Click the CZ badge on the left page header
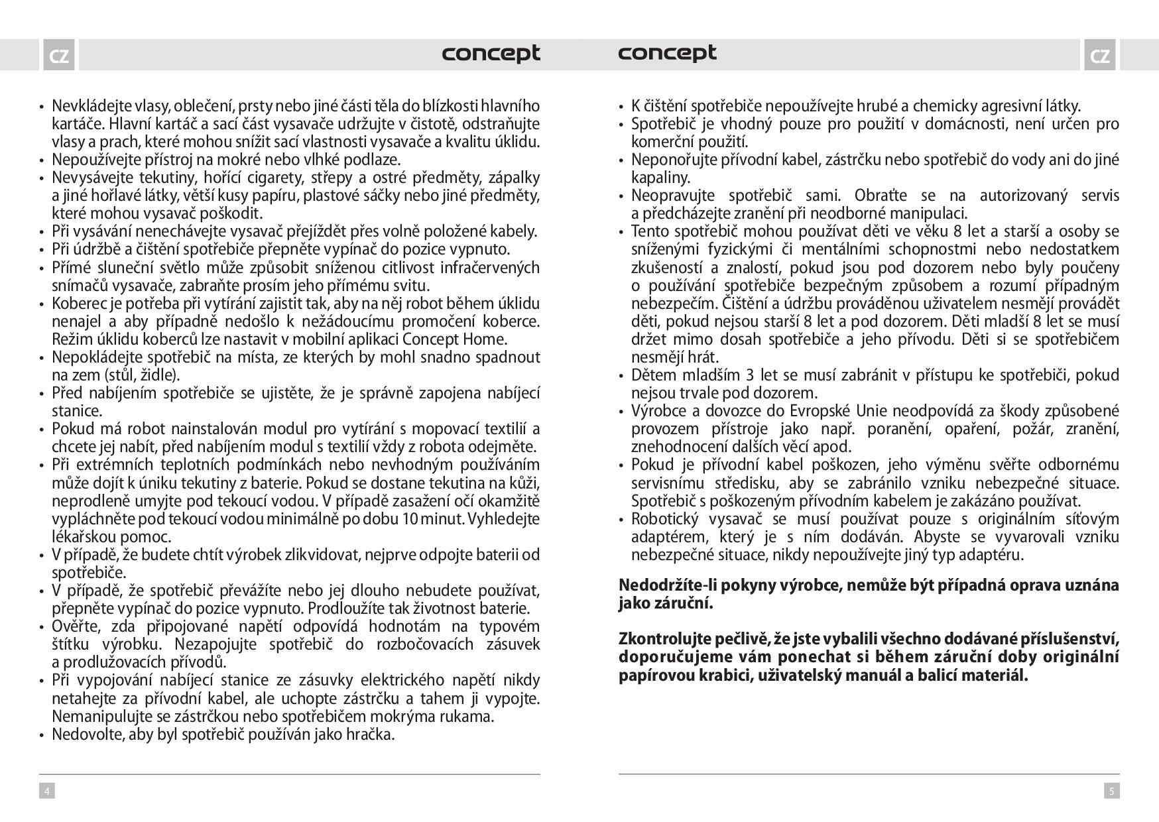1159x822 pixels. pos(58,56)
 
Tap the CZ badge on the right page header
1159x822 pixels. pos(1099,56)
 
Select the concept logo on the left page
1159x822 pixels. pos(491,53)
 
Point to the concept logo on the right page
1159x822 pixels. pos(667,53)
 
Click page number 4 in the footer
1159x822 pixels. pos(46,790)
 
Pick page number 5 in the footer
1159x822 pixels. pos(1112,790)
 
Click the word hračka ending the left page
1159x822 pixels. pos(372,734)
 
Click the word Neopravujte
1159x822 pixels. pos(672,196)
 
